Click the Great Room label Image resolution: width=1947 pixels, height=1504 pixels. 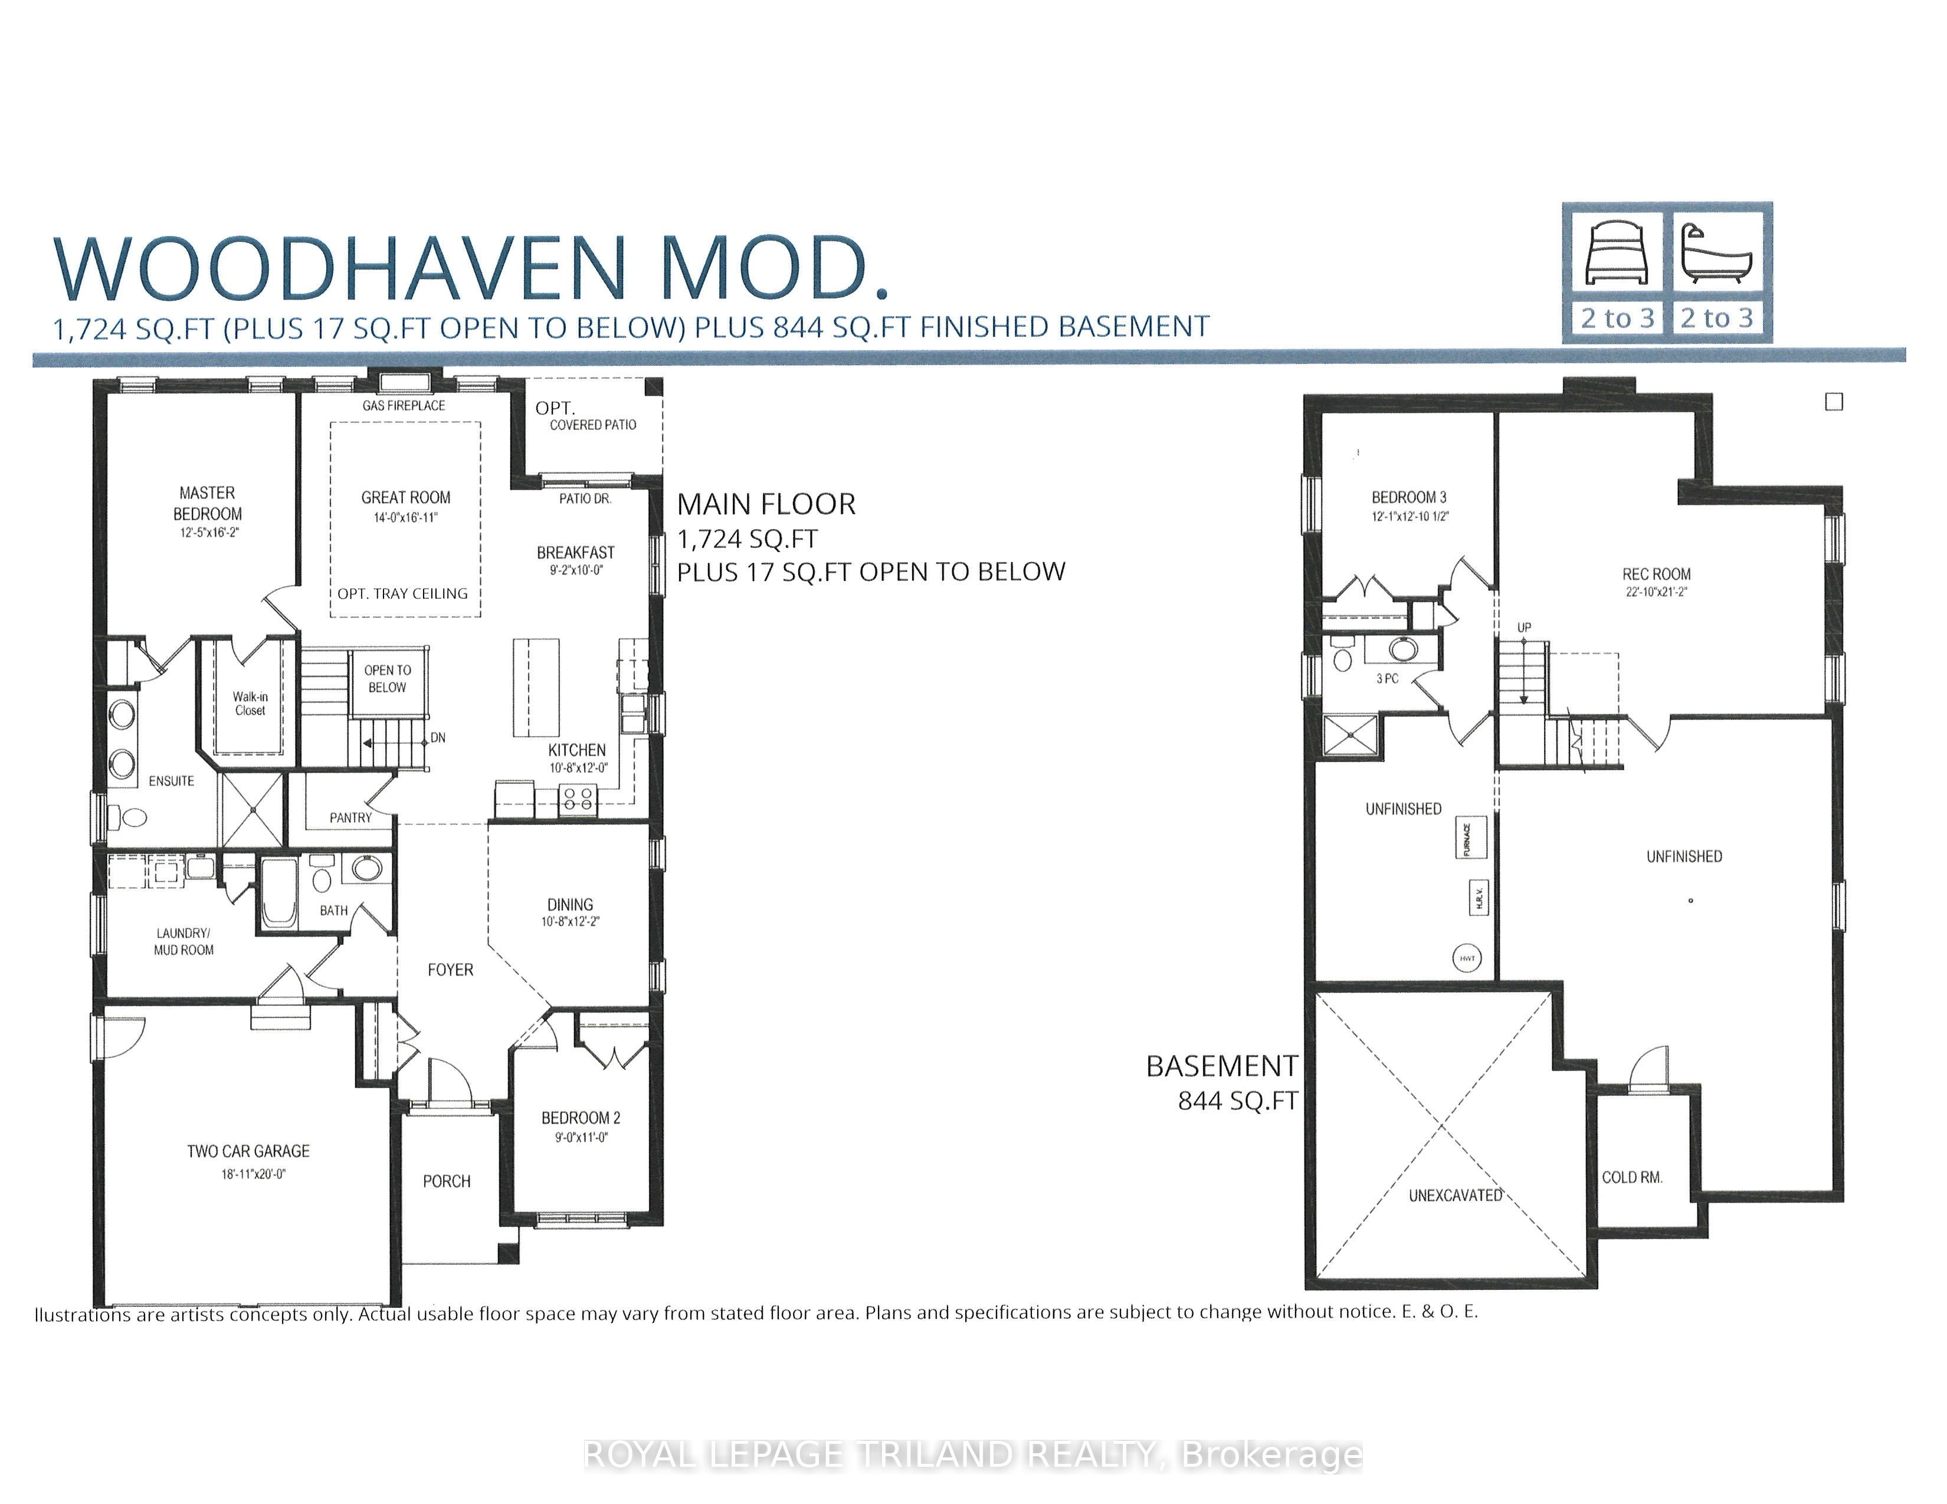(x=406, y=497)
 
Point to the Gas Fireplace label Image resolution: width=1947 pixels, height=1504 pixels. (x=404, y=405)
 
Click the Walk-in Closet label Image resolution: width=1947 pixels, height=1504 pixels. (x=251, y=704)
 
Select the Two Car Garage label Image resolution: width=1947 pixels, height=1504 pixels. (x=249, y=1151)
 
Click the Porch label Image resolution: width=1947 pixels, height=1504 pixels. (x=447, y=1181)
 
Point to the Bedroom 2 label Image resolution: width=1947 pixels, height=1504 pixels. (x=581, y=1118)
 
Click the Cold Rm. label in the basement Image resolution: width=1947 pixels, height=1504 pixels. (x=1633, y=1177)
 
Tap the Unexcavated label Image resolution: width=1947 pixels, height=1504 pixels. (x=1456, y=1196)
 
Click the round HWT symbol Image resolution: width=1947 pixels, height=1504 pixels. (x=1467, y=958)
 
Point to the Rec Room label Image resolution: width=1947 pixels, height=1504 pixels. (x=1656, y=574)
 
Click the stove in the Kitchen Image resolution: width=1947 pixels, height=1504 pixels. (x=578, y=799)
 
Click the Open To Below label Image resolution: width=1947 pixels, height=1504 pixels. (x=388, y=679)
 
